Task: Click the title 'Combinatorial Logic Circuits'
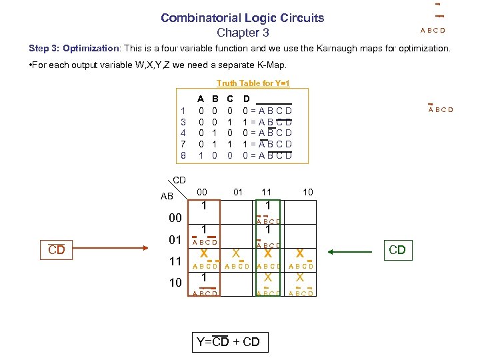tap(242, 18)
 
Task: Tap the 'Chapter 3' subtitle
tap(243, 33)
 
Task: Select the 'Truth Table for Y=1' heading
tap(253, 83)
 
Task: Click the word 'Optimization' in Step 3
tap(91, 49)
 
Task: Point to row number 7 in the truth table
tap(183, 144)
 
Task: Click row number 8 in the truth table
tap(183, 156)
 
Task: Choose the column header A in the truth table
tap(201, 97)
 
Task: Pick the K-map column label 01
tap(238, 192)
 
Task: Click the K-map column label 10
tap(307, 192)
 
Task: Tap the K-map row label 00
tap(175, 218)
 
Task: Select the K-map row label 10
tap(175, 282)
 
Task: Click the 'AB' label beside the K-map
tap(167, 196)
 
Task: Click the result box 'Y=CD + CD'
tap(228, 342)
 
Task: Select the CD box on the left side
tap(57, 250)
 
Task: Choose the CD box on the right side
tap(397, 250)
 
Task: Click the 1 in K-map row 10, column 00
tap(204, 277)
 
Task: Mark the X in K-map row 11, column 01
tap(236, 253)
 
